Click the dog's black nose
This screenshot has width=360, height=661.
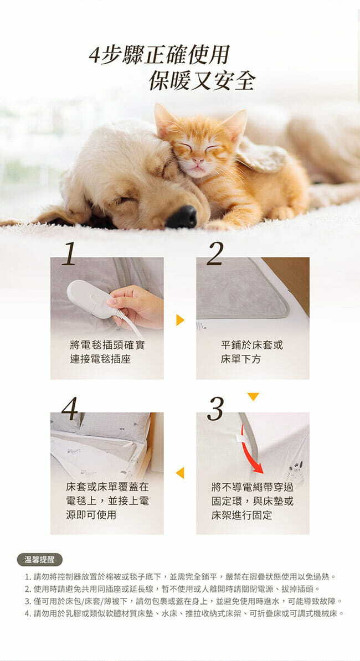click(182, 217)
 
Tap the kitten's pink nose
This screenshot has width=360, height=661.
click(197, 162)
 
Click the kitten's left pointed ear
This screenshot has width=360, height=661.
click(164, 120)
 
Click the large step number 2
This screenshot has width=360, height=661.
click(215, 254)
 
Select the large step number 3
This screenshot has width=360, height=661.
click(215, 409)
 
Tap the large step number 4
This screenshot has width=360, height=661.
click(70, 409)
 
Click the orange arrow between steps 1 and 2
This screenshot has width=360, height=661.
click(180, 319)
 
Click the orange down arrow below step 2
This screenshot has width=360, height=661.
click(253, 396)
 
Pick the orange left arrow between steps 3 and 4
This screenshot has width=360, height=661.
click(180, 473)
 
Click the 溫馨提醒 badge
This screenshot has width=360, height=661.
click(40, 560)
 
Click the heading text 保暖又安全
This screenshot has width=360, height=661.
click(202, 81)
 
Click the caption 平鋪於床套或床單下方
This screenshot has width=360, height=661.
click(251, 353)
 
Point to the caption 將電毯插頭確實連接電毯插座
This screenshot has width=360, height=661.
click(107, 353)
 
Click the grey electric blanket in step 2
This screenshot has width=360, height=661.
click(243, 288)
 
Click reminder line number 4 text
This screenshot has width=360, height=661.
click(184, 613)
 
